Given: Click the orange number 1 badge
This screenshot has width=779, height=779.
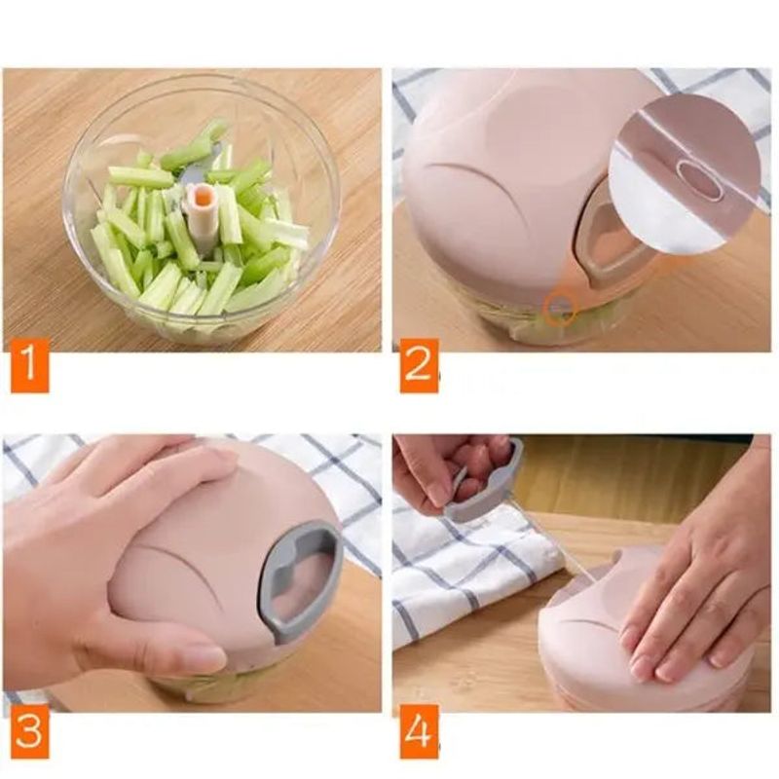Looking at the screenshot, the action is pyautogui.click(x=29, y=365).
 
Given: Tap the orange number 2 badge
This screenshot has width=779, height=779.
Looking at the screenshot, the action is pyautogui.click(x=419, y=365).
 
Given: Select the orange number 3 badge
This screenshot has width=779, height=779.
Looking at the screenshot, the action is pyautogui.click(x=29, y=731).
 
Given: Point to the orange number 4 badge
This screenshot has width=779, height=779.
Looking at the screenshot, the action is pyautogui.click(x=419, y=731).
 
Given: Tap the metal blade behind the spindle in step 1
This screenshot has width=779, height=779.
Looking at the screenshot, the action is pyautogui.click(x=199, y=164).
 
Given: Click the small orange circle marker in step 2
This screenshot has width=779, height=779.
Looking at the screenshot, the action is pyautogui.click(x=561, y=309).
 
